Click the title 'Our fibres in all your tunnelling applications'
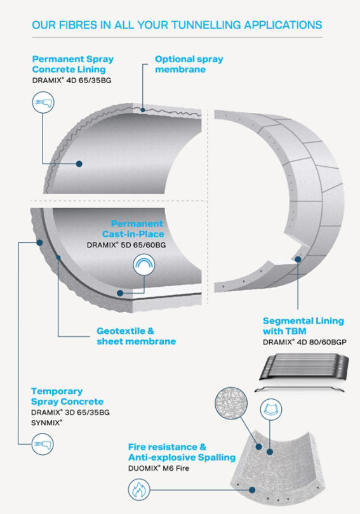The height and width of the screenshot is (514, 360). [177, 25]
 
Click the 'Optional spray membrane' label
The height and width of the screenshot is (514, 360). [189, 64]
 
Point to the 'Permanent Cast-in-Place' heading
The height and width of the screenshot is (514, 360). [137, 228]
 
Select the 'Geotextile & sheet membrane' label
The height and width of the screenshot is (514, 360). [136, 336]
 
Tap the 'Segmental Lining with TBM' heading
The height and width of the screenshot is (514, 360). [303, 326]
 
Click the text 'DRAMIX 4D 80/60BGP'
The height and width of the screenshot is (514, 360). [304, 342]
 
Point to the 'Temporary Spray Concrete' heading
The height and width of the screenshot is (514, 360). [67, 397]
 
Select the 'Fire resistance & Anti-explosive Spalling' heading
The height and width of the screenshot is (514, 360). [182, 452]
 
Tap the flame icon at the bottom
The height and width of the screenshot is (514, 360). [141, 489]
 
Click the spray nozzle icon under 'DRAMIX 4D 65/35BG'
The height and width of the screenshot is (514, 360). [44, 102]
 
